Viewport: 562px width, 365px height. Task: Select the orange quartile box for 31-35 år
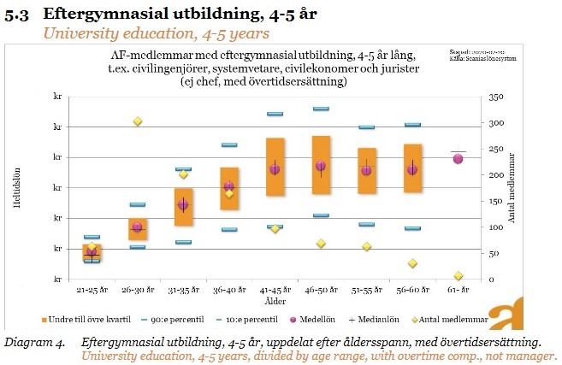point(183,207)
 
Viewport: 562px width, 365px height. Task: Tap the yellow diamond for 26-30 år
point(137,121)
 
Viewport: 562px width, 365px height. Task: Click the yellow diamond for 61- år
point(458,276)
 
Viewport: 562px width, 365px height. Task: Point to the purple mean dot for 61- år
point(458,158)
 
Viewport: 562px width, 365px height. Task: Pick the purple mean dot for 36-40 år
point(228,186)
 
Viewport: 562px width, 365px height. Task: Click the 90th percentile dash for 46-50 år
point(321,109)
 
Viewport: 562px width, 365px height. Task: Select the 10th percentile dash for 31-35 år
point(183,242)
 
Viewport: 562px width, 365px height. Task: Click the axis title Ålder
point(275,301)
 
